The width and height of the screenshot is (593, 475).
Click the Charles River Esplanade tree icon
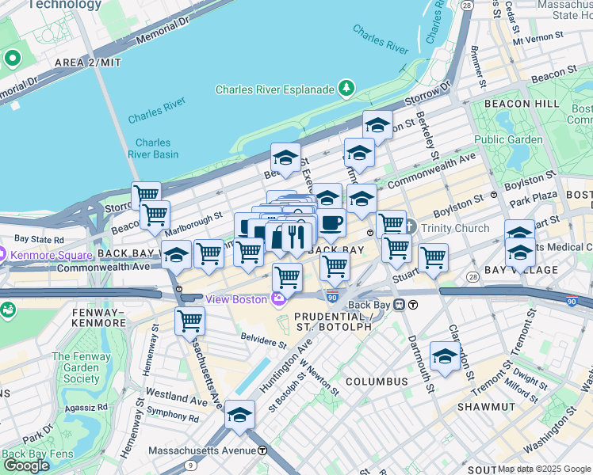click(346, 89)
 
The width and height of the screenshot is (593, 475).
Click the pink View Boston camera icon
click(277, 299)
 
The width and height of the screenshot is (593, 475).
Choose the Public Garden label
click(508, 140)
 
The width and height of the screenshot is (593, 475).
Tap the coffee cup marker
click(331, 223)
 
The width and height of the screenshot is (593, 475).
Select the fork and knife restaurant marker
click(294, 235)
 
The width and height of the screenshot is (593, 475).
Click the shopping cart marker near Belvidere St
click(190, 321)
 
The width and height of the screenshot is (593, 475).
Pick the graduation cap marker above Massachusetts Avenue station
click(239, 414)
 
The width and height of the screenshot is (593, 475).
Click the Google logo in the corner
click(26, 465)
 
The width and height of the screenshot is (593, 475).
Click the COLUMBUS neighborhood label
click(376, 382)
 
